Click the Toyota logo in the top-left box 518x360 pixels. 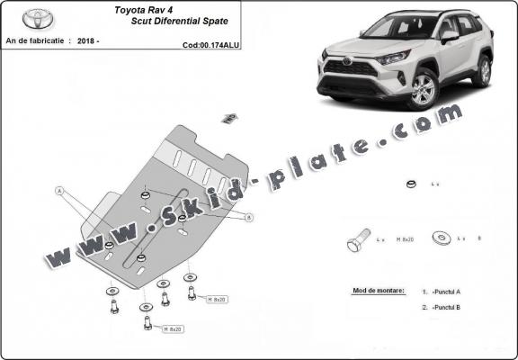pos(38,17)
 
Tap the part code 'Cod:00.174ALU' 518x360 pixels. pos(209,43)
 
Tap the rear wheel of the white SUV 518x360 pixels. pos(482,71)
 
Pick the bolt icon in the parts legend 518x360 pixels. pos(355,242)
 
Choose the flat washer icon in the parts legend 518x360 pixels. pos(442,238)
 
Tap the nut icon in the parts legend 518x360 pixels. pos(409,185)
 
